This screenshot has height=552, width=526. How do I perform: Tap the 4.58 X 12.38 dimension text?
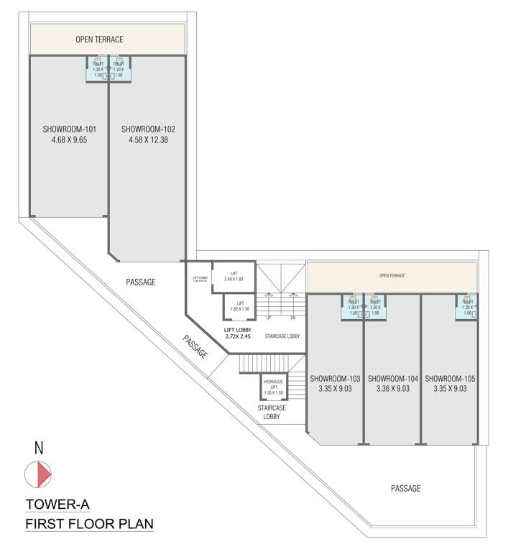pos(147,142)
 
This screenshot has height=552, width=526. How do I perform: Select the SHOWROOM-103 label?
pos(335,378)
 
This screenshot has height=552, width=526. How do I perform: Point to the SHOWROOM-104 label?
pos(392,378)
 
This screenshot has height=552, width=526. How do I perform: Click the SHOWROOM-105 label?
pos(450,378)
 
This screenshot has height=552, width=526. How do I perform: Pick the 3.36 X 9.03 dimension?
pos(392,389)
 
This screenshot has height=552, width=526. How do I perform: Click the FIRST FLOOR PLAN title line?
pos(89,523)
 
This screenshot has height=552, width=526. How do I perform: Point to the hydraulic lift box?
pos(273,387)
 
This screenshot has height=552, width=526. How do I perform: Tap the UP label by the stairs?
pos(269,318)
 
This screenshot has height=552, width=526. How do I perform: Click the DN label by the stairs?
pos(292,318)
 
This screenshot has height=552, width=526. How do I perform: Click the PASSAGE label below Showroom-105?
pos(405,489)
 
